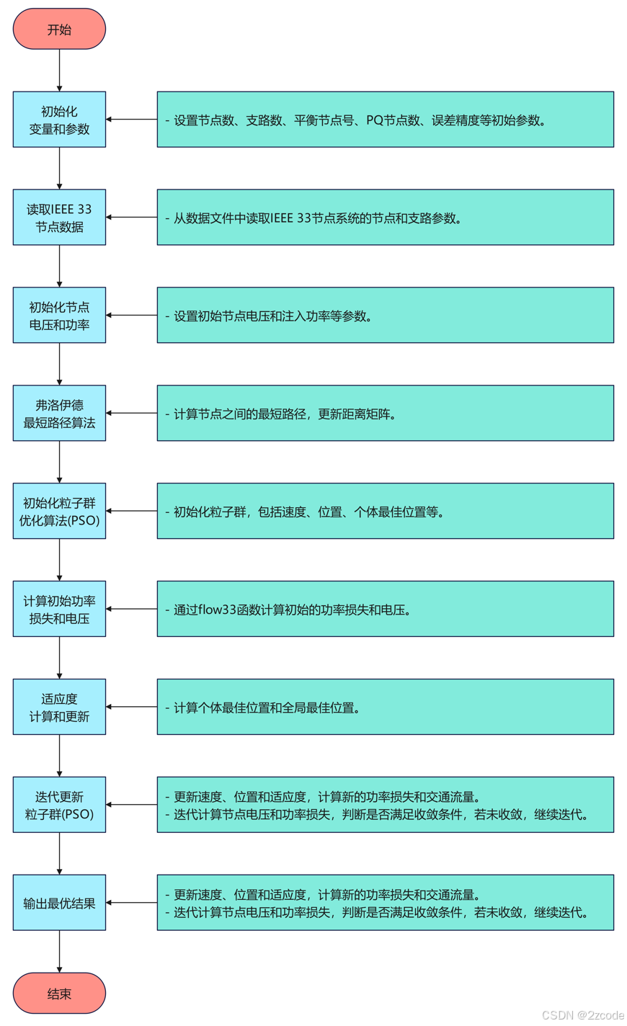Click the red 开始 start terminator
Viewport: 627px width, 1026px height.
(x=59, y=30)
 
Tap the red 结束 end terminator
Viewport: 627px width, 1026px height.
(x=59, y=994)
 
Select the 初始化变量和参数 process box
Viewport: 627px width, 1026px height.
(x=59, y=120)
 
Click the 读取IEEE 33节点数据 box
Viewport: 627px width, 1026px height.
(x=59, y=218)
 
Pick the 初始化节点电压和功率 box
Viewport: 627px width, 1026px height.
(x=59, y=316)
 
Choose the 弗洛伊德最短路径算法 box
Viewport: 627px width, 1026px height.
(x=59, y=414)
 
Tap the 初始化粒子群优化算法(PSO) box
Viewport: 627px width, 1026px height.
(x=59, y=512)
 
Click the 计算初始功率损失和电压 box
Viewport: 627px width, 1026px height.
(x=59, y=610)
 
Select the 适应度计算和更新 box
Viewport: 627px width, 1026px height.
(x=59, y=708)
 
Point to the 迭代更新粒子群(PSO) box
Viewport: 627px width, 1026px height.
(x=59, y=805)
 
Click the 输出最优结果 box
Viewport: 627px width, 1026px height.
(x=59, y=903)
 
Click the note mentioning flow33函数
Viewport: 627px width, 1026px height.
(x=385, y=610)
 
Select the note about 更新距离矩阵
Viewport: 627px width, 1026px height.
(x=385, y=414)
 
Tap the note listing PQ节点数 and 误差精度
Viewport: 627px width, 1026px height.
(x=385, y=120)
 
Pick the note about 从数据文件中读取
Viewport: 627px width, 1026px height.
(x=385, y=218)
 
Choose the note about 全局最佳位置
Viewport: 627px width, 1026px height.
(x=385, y=708)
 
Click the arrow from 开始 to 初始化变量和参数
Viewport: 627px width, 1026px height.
(x=59, y=70)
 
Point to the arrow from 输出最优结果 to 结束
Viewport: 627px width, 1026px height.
(x=59, y=951)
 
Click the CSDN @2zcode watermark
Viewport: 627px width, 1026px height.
(x=582, y=1015)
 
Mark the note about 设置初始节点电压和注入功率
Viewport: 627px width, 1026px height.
(x=385, y=316)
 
